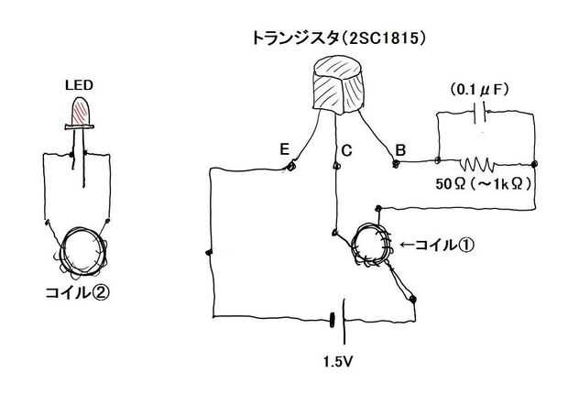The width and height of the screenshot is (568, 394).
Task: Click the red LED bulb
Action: coord(79,112)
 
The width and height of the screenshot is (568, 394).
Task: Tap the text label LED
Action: coord(79,84)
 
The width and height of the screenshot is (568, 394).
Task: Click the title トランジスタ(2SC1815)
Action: coord(340,39)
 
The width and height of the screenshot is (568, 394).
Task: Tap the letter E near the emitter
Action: coord(285,148)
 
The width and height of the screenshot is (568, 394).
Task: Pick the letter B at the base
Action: coord(400,149)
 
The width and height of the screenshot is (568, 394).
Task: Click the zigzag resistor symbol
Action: coord(477,165)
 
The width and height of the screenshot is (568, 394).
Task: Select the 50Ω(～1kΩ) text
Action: coord(484,183)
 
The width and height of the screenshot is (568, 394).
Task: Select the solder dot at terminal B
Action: coord(397,164)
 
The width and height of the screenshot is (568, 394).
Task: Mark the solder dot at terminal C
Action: coord(336,166)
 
